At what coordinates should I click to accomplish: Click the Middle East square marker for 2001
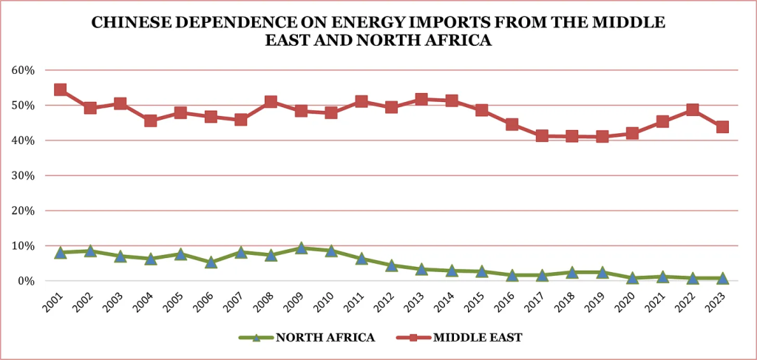[x=61, y=90]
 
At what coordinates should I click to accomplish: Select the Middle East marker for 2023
[x=722, y=127]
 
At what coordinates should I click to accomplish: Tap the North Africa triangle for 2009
[x=301, y=248]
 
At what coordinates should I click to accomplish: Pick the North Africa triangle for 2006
[x=211, y=262]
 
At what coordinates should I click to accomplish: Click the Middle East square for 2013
[x=421, y=99]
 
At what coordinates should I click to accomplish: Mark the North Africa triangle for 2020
[x=632, y=278]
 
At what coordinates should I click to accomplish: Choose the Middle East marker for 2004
[x=151, y=120]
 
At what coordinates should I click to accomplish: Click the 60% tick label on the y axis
[x=24, y=70]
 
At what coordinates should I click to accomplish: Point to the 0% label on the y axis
[x=27, y=281]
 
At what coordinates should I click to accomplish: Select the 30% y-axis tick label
[x=24, y=176]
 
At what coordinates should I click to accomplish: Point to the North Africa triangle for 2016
[x=512, y=275]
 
